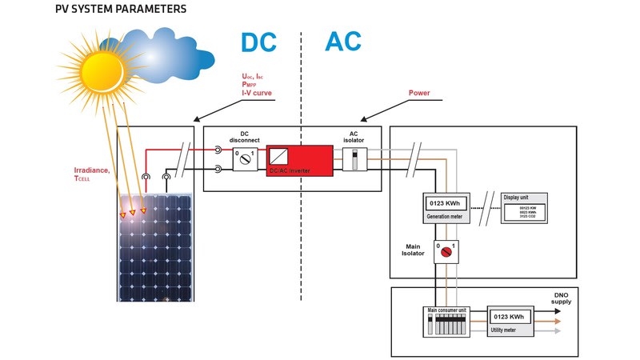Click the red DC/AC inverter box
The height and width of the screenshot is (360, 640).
(299, 159)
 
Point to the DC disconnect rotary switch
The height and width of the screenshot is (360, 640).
(245, 158)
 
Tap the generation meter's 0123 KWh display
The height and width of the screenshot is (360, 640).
(445, 202)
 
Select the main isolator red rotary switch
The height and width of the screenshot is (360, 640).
(446, 252)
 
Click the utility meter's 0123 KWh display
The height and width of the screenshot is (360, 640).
(509, 318)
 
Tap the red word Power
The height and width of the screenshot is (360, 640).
(419, 93)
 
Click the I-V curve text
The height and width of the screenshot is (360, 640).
(257, 94)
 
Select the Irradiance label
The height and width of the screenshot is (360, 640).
(93, 170)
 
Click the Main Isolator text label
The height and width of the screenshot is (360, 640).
(413, 253)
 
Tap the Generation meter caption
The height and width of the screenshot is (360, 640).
(445, 216)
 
